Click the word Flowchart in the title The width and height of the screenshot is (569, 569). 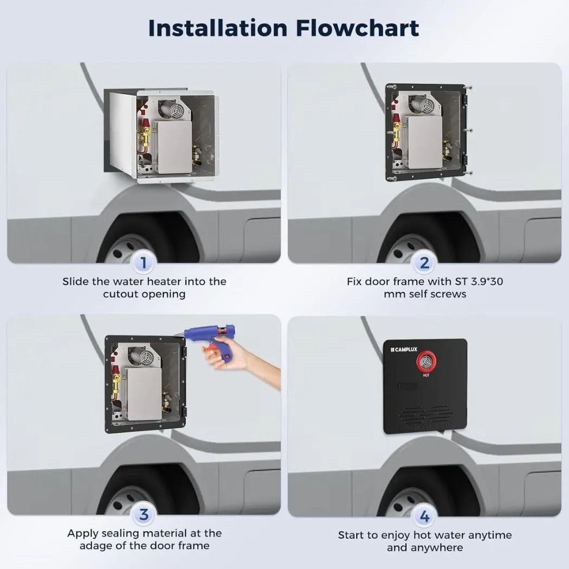pyautogui.click(x=358, y=28)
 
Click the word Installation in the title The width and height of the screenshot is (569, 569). pyautogui.click(x=218, y=28)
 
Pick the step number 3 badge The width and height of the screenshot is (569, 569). pyautogui.click(x=144, y=515)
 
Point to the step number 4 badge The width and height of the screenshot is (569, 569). pyautogui.click(x=424, y=516)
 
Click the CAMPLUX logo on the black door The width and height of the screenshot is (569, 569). pyautogui.click(x=404, y=350)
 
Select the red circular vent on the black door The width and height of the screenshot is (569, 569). pyautogui.click(x=426, y=361)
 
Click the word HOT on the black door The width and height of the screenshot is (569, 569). pyautogui.click(x=426, y=375)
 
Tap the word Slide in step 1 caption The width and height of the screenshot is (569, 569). pyautogui.click(x=75, y=282)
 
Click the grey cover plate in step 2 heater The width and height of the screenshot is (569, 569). pyautogui.click(x=425, y=142)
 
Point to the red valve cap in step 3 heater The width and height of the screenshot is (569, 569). pyautogui.click(x=115, y=370)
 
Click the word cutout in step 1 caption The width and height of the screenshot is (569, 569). pyautogui.click(x=119, y=294)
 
